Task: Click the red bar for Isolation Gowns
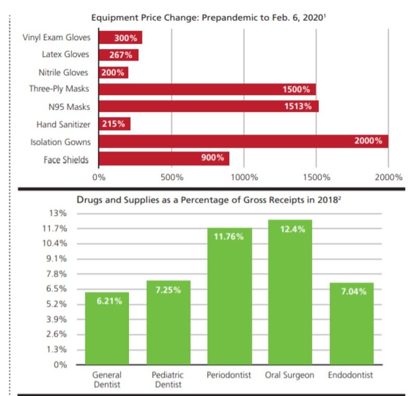tap(243, 141)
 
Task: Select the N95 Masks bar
tap(208, 107)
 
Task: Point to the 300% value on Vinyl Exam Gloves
tap(125, 37)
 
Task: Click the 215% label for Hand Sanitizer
tap(114, 124)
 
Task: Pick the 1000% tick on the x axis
tap(244, 177)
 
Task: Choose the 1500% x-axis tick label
tap(316, 177)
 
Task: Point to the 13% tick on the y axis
tap(58, 214)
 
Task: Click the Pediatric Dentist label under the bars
tap(168, 379)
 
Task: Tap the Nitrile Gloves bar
tap(113, 72)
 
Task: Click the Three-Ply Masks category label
tap(59, 89)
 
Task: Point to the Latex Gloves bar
tap(118, 55)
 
